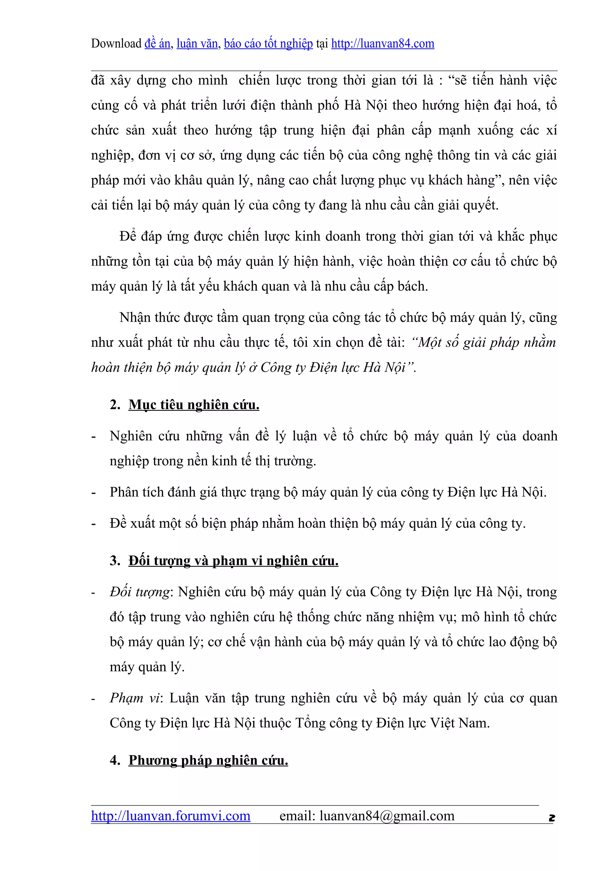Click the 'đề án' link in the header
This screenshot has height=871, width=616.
tap(157, 44)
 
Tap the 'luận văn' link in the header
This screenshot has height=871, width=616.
tap(197, 44)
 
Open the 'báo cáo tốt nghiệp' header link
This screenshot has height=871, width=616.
tap(268, 44)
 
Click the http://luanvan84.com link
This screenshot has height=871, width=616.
tap(383, 44)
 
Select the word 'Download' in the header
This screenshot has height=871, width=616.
tap(116, 44)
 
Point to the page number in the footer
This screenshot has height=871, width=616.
tap(551, 818)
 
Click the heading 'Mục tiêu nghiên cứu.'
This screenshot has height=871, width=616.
tap(194, 405)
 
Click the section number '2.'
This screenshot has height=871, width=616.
tap(115, 405)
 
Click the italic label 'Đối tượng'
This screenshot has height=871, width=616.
tap(140, 592)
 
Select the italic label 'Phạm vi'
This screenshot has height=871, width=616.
tap(135, 698)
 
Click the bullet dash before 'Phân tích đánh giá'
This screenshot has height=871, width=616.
tap(93, 493)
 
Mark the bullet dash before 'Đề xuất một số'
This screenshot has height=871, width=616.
tap(93, 524)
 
